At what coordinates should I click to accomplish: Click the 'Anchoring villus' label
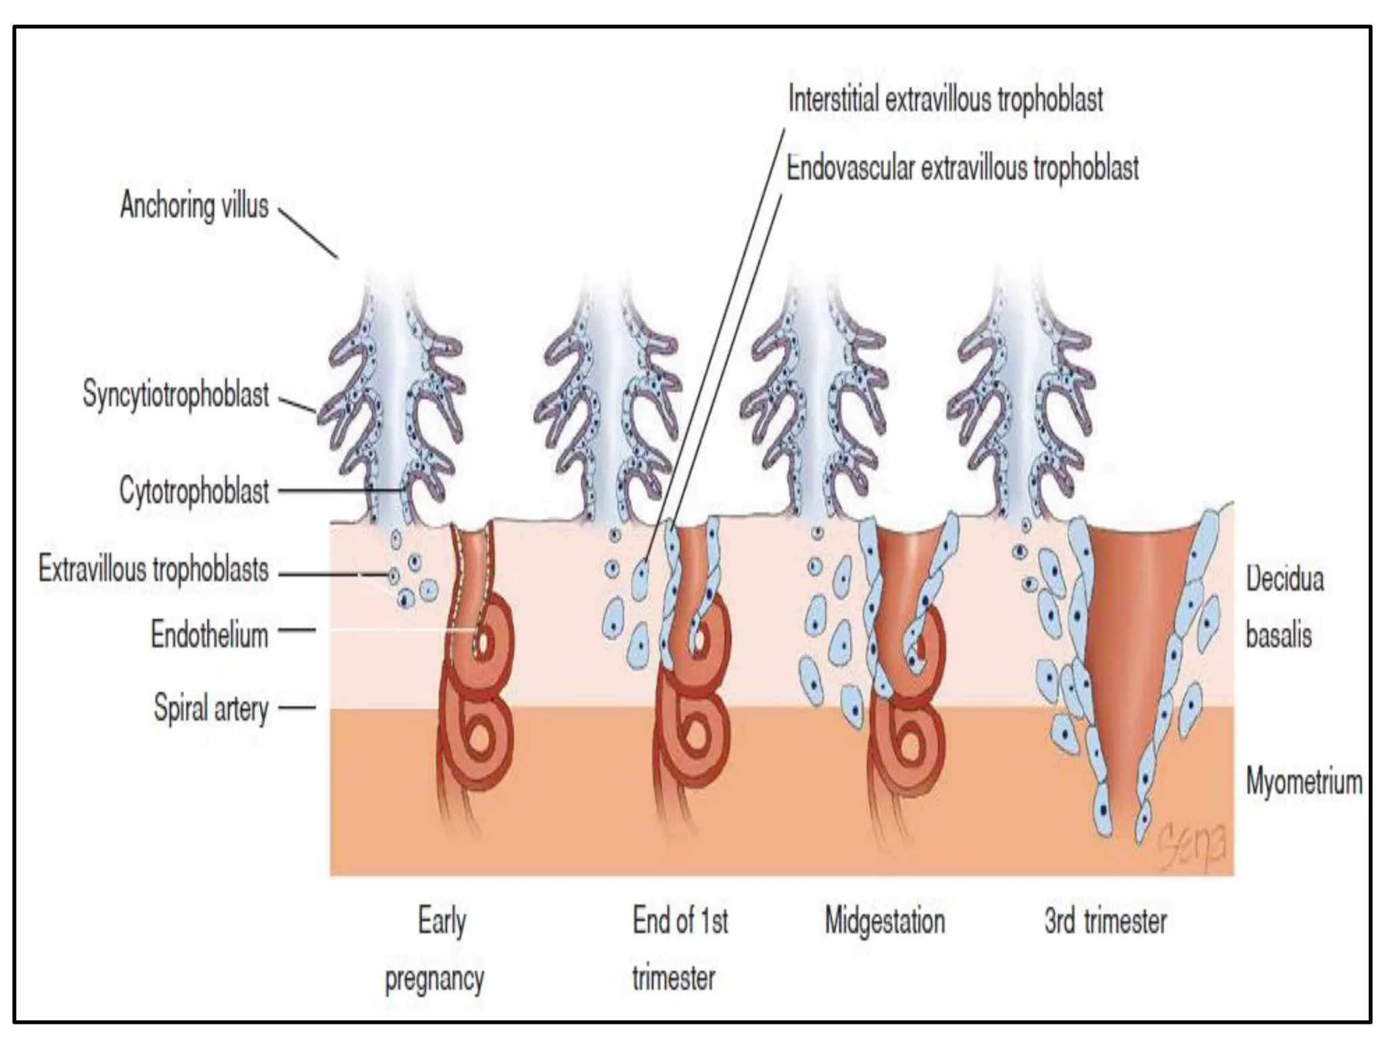(194, 205)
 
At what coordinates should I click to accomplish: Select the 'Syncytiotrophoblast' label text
(176, 394)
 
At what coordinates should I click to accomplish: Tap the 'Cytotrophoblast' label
(194, 491)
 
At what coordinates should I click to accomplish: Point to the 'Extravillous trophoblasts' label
(154, 569)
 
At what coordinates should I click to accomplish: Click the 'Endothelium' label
(209, 635)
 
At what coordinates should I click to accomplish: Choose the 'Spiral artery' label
(211, 708)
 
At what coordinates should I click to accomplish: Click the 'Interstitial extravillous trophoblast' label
(945, 99)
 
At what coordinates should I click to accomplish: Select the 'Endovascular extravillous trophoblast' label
(962, 168)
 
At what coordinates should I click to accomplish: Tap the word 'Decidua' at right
(1284, 579)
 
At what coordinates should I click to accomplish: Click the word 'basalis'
(1278, 635)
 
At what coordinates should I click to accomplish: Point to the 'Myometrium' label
(1303, 782)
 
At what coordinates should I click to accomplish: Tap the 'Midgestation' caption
(885, 921)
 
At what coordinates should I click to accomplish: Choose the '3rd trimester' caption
(1105, 921)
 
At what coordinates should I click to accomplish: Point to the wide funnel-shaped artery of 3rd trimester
(1136, 642)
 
